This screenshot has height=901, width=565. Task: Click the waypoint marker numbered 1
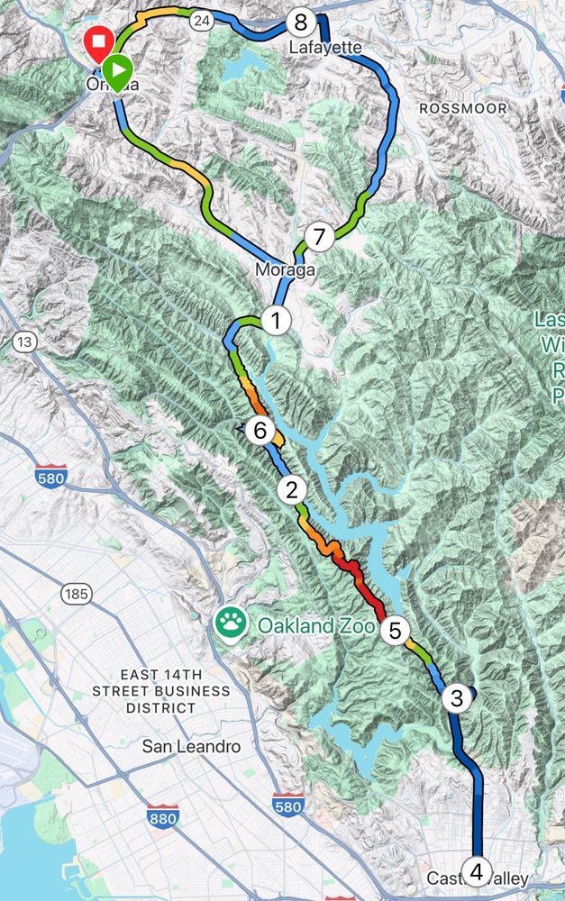point(277,320)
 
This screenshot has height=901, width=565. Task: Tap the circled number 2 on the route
point(291,491)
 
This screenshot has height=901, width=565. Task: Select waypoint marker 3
point(457,697)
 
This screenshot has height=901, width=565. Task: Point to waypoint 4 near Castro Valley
point(477,871)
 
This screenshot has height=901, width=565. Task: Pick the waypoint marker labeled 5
point(395,630)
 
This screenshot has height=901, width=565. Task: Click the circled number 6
point(260,431)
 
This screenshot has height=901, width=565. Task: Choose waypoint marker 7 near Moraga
point(318,237)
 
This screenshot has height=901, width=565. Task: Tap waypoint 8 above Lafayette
point(300,22)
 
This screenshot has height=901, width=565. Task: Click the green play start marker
point(115,68)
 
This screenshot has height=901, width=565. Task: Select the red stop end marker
point(97,41)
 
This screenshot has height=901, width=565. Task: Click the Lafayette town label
point(325,46)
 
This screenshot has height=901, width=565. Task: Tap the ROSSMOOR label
point(463,108)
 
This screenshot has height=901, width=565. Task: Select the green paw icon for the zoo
point(231,623)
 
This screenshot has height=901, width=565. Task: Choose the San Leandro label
point(192,746)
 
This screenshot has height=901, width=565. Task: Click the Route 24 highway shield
point(202,21)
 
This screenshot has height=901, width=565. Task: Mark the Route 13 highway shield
point(24,341)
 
